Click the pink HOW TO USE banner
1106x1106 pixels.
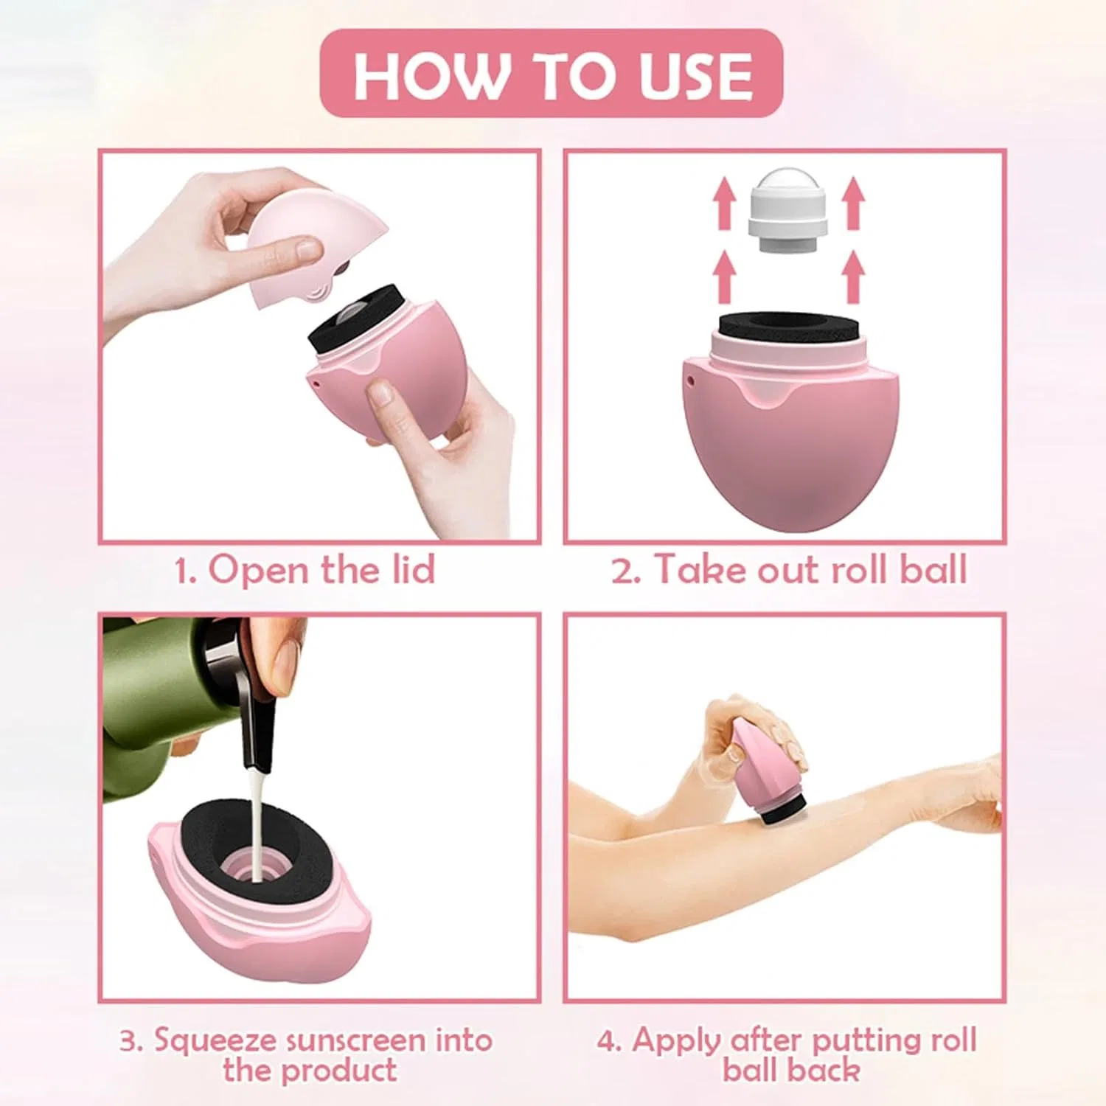(x=551, y=73)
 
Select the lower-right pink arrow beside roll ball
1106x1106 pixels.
(x=853, y=277)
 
